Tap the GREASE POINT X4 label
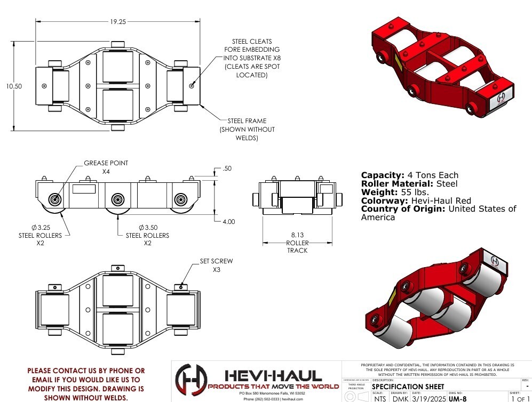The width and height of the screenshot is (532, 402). [x=106, y=167]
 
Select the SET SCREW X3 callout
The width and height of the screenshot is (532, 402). [x=216, y=266]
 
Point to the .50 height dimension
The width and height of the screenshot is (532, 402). [x=226, y=169]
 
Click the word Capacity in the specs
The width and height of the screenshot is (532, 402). [x=381, y=175]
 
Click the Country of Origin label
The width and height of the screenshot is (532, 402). [x=403, y=209]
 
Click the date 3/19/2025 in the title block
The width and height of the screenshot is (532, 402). [x=427, y=398]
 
